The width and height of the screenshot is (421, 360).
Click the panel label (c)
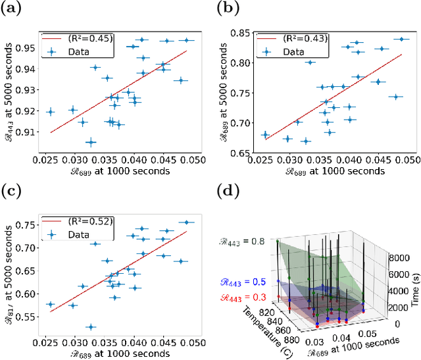11,192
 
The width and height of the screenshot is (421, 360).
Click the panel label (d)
227,192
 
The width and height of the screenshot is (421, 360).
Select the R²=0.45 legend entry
89,38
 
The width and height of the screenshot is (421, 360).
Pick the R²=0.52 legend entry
89,222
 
